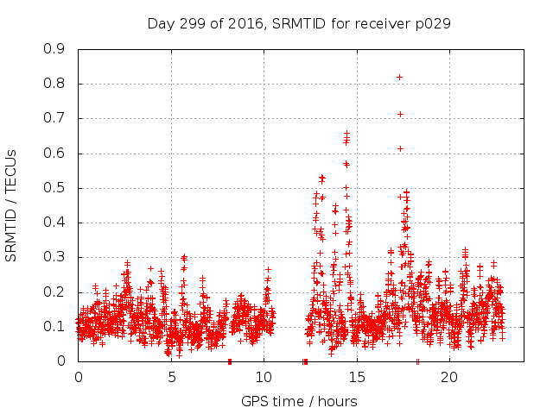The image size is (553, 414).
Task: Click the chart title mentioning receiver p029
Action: (x=299, y=23)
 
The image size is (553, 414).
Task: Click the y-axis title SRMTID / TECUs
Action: (x=12, y=204)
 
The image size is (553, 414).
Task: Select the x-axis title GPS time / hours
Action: (x=299, y=401)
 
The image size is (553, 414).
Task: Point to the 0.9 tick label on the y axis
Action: (x=54, y=49)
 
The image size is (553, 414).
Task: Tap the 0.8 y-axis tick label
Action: (x=54, y=84)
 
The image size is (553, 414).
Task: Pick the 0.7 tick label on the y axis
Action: (x=54, y=118)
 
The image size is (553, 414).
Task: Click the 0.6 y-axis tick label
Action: (x=54, y=153)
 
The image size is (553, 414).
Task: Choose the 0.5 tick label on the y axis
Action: (x=54, y=188)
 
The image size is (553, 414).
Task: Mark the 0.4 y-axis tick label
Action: (x=54, y=223)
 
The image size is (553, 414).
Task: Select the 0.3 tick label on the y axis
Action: (x=54, y=257)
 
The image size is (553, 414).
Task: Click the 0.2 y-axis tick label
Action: (x=54, y=292)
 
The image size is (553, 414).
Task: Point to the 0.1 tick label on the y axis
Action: (x=54, y=326)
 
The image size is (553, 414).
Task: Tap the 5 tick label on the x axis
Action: (x=171, y=378)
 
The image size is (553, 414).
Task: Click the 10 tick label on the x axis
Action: (x=264, y=378)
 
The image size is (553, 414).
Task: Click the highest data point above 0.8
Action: (x=399, y=77)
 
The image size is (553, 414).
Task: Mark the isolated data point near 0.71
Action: (x=400, y=114)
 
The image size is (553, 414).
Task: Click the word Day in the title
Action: (x=161, y=23)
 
